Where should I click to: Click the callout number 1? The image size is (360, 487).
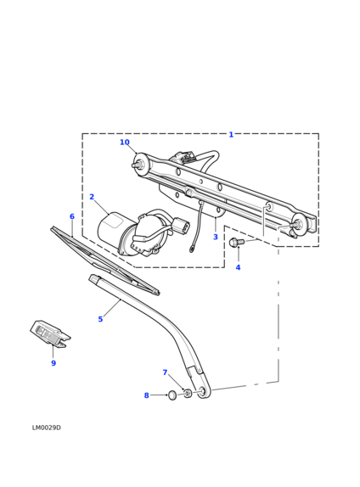tap(231, 135)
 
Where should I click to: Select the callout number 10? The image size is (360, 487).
tap(125, 143)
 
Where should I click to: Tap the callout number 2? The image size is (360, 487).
tap(92, 197)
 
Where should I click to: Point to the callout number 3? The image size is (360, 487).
tap(216, 237)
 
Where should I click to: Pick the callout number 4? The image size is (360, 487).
tap(238, 267)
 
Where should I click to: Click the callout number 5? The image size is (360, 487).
tap(100, 319)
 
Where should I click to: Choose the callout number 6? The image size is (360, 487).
tap(72, 216)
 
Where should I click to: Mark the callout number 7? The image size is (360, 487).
tap(165, 372)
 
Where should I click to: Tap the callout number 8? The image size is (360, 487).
tap(147, 395)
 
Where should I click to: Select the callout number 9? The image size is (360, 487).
tap(53, 363)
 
